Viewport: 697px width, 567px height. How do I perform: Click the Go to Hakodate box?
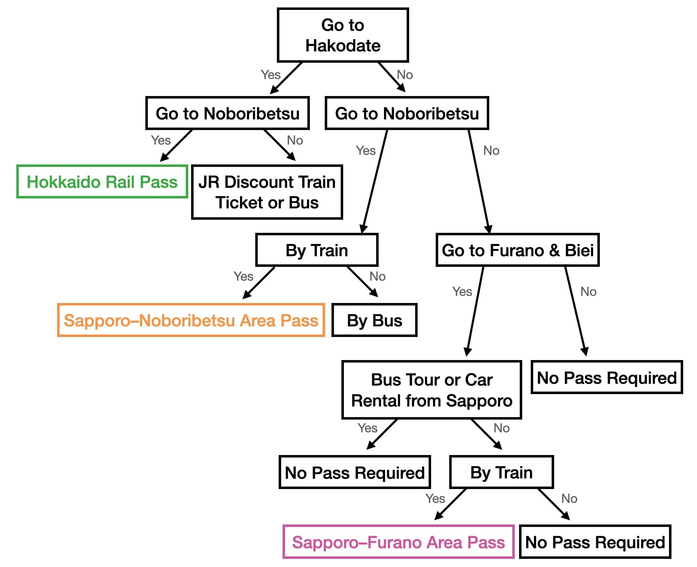pos(342,35)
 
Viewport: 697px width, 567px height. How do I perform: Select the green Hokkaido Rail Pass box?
pos(102,182)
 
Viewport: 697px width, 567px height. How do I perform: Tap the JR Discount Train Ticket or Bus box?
pos(267,192)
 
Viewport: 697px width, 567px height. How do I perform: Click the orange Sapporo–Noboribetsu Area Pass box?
pos(191,320)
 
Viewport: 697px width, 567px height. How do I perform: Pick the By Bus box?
pos(374,320)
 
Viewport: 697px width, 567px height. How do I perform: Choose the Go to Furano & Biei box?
pos(517,250)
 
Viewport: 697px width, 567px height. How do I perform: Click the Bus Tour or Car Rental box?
pos(431,390)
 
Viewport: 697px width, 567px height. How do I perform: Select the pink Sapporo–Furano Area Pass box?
pos(398,542)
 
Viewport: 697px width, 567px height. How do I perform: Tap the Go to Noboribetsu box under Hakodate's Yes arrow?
pos(227,113)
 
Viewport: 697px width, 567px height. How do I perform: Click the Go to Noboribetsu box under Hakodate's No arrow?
pos(407,113)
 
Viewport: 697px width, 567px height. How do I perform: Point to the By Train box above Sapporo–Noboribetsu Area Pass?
pos(317,250)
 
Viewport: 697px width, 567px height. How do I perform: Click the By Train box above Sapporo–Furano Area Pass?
pos(501,472)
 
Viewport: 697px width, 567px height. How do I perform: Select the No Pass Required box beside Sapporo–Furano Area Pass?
pos(595,542)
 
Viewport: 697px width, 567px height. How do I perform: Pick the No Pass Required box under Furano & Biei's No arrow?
pos(606,378)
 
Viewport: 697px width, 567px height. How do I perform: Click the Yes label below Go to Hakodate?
pos(271,75)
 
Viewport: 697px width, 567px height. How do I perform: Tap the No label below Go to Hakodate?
pos(405,75)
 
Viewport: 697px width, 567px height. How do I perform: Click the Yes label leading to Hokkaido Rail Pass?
pos(161,140)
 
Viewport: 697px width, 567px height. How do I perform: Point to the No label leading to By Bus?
pos(377,276)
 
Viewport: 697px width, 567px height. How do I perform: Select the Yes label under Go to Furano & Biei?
pos(462,292)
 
